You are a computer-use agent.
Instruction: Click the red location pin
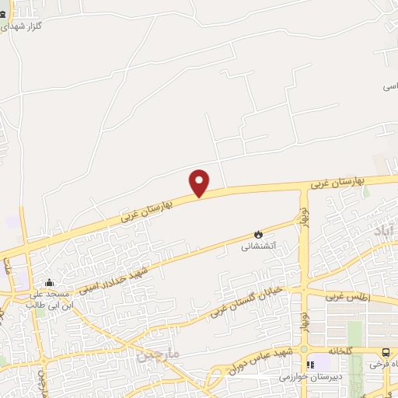pyautogui.click(x=201, y=183)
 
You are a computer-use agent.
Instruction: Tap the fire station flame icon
pyautogui.click(x=258, y=234)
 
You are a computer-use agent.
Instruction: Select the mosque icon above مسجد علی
pyautogui.click(x=50, y=283)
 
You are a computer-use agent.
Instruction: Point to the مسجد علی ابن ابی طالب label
pyautogui.click(x=51, y=300)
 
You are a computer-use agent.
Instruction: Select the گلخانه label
pyautogui.click(x=340, y=351)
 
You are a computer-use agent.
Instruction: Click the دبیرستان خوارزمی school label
pyautogui.click(x=312, y=378)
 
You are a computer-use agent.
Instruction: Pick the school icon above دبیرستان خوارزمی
pyautogui.click(x=312, y=364)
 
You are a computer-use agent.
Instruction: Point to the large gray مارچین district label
pyautogui.click(x=159, y=356)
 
